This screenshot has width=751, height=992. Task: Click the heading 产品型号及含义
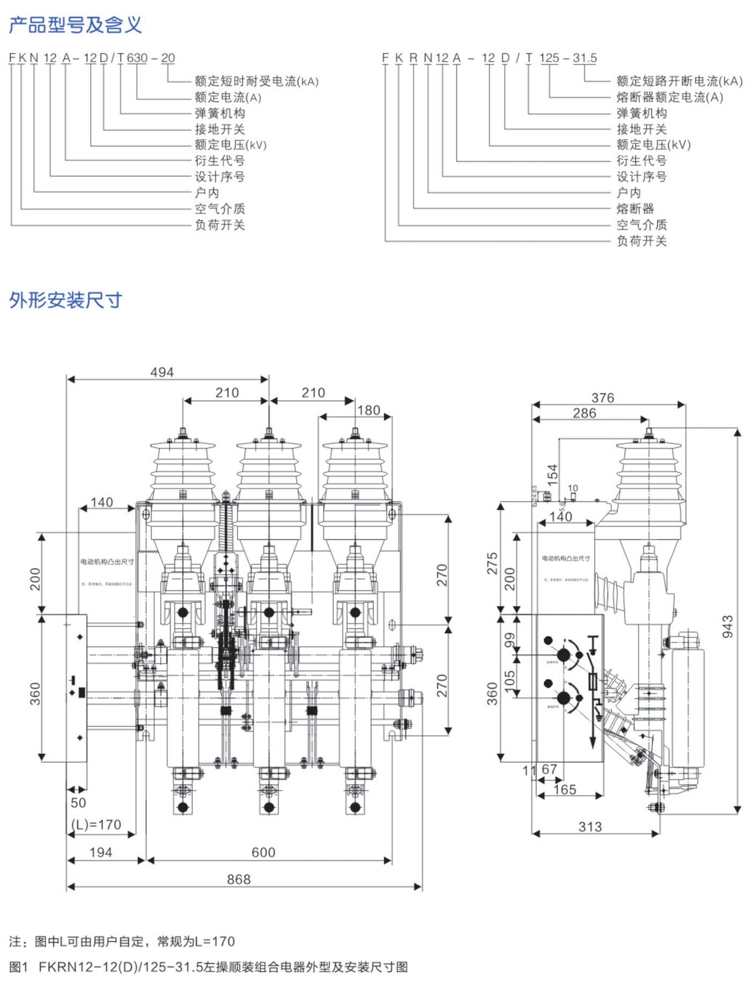click(x=76, y=25)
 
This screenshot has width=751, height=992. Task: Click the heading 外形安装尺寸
click(x=65, y=300)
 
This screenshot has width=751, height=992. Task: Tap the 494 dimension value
click(x=161, y=372)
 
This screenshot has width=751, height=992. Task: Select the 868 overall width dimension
click(x=239, y=879)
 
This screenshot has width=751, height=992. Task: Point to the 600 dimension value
click(x=263, y=852)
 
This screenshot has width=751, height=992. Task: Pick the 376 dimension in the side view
click(x=602, y=398)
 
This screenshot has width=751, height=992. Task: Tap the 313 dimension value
click(x=590, y=826)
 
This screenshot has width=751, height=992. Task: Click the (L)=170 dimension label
click(x=97, y=824)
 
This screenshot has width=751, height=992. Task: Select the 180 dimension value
click(x=369, y=411)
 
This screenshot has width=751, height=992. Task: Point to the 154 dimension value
click(x=553, y=475)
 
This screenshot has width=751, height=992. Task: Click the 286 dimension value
click(x=584, y=413)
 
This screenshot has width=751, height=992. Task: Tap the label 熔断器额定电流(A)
click(x=669, y=97)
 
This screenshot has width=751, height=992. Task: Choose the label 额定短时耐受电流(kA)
click(x=256, y=81)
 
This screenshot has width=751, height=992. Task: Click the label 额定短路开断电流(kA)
click(x=679, y=81)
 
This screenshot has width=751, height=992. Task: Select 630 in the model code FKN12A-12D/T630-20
click(x=137, y=58)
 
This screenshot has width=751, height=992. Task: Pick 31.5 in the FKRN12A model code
click(x=585, y=58)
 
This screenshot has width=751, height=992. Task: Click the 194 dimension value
click(x=101, y=852)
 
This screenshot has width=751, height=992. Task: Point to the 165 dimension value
click(x=565, y=789)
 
